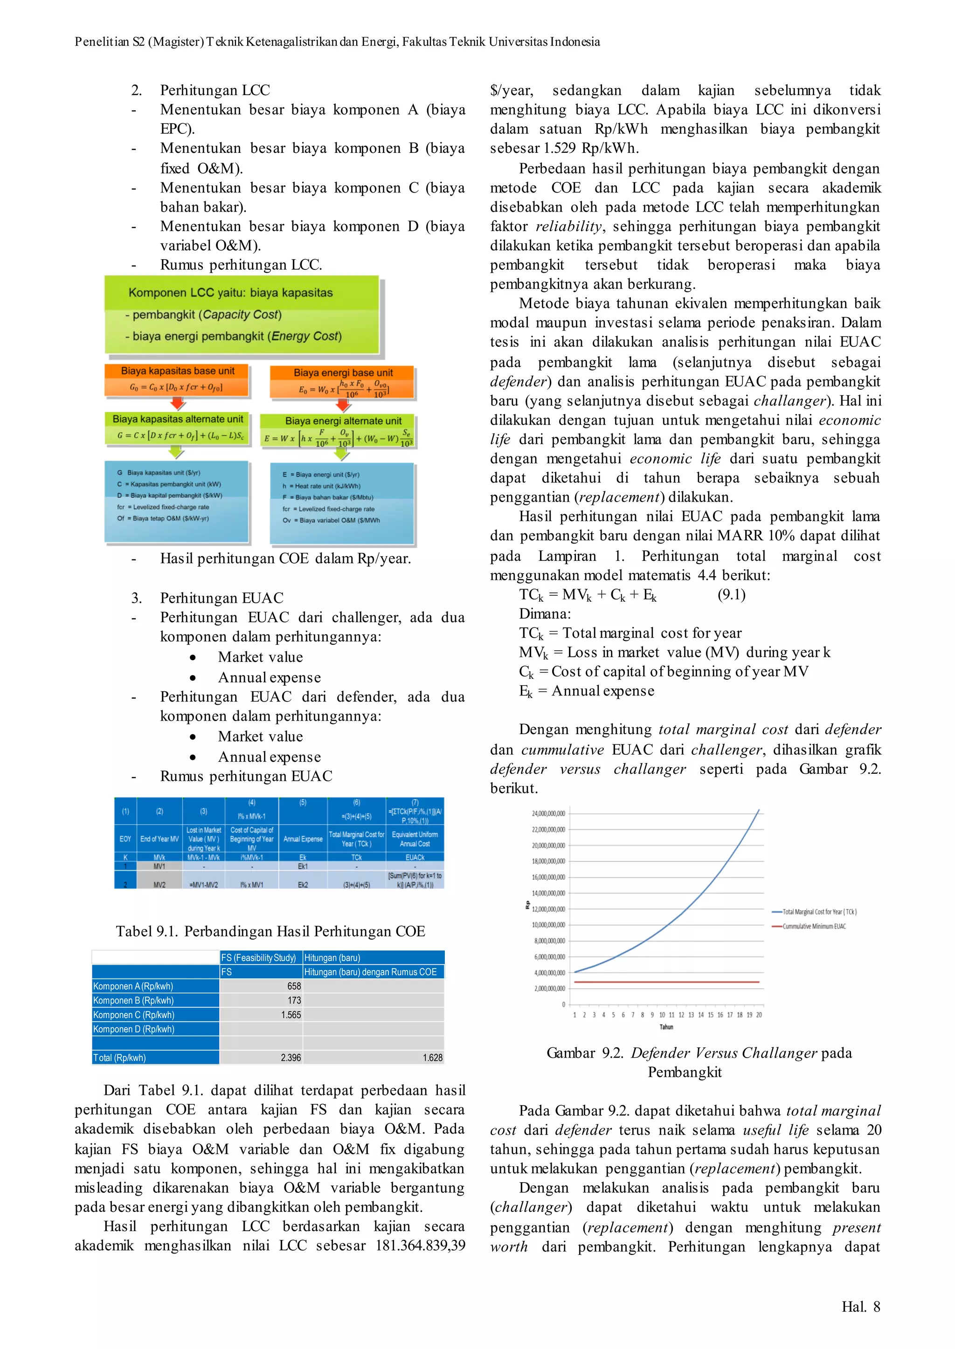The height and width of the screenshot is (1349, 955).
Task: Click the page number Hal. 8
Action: coord(860,1306)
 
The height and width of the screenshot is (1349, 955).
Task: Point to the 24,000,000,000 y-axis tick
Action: coord(548,813)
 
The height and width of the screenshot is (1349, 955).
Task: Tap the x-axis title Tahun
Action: coord(666,1027)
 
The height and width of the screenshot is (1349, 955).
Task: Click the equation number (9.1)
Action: coord(731,594)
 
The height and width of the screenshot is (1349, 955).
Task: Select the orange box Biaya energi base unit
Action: coord(343,381)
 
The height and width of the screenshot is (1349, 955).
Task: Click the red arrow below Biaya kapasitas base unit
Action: coord(177,404)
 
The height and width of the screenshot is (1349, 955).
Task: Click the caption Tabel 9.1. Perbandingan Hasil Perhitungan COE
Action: coord(270,931)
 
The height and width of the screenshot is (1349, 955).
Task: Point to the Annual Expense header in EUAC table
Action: coord(303,839)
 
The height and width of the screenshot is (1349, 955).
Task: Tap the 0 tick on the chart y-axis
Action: coord(563,1005)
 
